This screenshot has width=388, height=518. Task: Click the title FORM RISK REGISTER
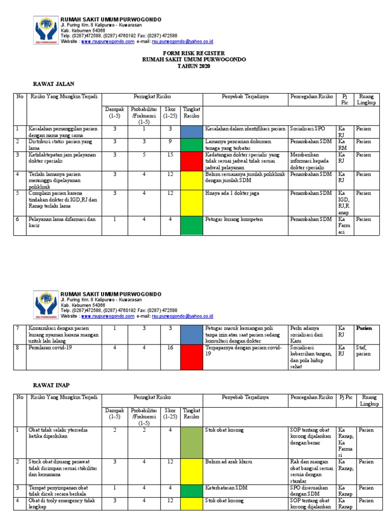pos(194,53)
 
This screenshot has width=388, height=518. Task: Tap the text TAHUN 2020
pos(194,66)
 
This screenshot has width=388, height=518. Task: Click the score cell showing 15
pos(170,155)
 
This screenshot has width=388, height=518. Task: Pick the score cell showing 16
pos(170,348)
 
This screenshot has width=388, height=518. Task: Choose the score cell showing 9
pos(170,142)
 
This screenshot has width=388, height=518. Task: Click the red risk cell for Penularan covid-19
pos(191,354)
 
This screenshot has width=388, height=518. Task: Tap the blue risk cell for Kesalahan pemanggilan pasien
pos(191,132)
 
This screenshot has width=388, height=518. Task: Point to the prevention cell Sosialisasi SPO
pos(309,129)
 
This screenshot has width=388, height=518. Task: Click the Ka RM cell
pos(343,145)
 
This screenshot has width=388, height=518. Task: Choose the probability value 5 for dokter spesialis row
pos(144,155)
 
